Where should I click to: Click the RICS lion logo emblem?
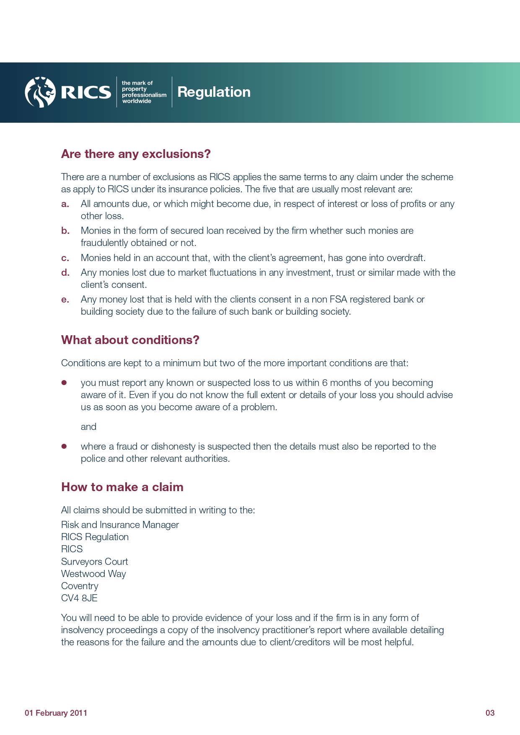point(40,92)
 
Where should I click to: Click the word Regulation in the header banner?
point(214,92)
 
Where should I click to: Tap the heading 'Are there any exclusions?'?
point(136,154)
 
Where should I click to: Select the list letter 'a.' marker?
point(65,204)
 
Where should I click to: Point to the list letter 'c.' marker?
point(65,258)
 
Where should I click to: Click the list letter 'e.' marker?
point(65,300)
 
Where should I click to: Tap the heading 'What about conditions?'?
point(130,340)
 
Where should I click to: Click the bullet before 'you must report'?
point(64,383)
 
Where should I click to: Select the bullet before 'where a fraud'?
point(64,446)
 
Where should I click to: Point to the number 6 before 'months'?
point(325,383)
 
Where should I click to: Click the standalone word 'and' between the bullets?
point(88,427)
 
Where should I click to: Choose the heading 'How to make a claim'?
point(122,487)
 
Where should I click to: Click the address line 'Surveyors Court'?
point(94,562)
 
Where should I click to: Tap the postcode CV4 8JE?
point(79,598)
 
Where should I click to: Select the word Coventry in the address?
point(80,586)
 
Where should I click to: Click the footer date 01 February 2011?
point(56,713)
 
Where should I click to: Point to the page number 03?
point(490,713)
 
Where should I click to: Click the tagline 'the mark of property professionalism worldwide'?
point(144,92)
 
